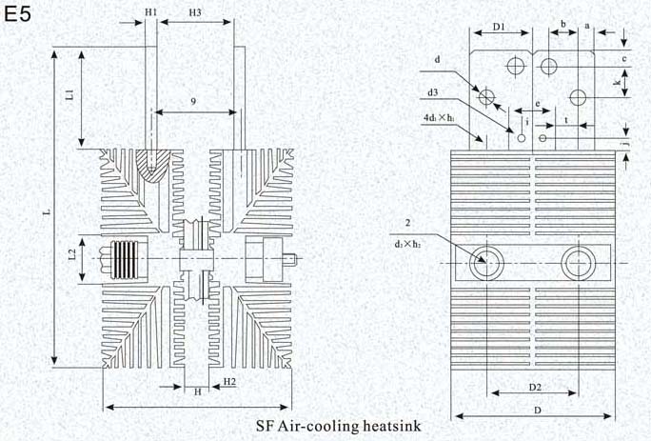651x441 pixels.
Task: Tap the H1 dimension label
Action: (151, 12)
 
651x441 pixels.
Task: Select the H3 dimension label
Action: (193, 12)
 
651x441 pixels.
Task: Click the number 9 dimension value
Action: (193, 101)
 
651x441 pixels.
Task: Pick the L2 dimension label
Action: (70, 255)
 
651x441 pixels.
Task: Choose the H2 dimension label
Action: (229, 381)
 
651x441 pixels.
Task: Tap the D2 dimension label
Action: (535, 387)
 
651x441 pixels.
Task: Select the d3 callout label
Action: (433, 92)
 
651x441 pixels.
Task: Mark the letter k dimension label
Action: (619, 85)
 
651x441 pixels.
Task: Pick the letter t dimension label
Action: (567, 121)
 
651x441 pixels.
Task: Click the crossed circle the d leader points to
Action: (485, 97)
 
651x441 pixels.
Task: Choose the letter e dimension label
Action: (539, 103)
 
